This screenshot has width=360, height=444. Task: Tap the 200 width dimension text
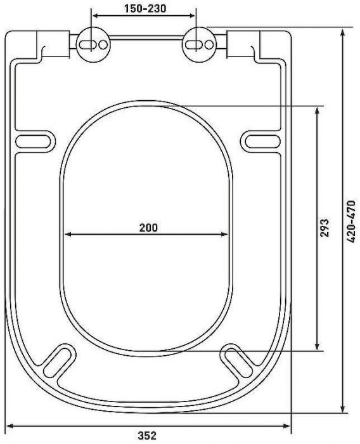point(148,227)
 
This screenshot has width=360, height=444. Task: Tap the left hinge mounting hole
point(93,42)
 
